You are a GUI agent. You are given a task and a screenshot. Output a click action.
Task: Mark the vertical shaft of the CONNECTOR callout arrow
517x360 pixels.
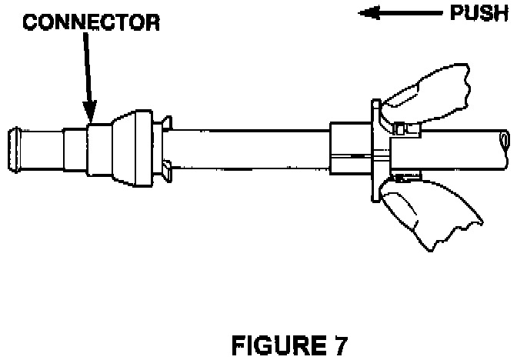[85, 69]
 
